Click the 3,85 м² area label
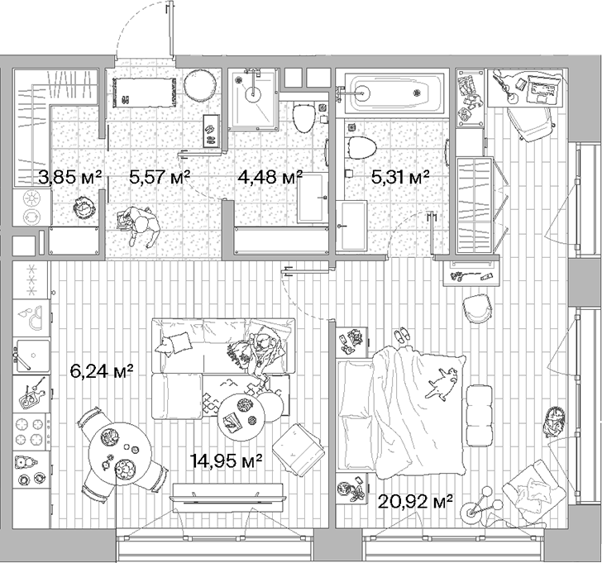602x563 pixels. click(70, 176)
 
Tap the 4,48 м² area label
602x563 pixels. click(270, 176)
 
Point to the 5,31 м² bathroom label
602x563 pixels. click(400, 176)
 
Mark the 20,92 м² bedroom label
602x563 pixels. click(416, 500)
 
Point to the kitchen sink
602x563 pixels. click(31, 355)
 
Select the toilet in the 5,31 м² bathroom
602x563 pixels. click(361, 147)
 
